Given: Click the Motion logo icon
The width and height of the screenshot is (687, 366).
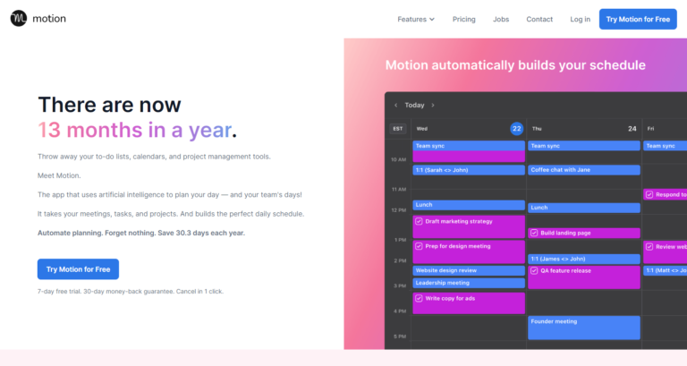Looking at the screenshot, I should point(19,19).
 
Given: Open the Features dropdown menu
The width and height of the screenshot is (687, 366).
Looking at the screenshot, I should point(416,19).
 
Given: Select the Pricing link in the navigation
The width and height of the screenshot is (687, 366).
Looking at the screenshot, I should point(463,19).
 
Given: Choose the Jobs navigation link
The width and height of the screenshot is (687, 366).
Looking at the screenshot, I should point(501,19).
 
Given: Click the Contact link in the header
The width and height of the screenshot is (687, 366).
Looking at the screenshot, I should point(539,19).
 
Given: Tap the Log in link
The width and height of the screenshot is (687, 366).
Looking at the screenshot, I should point(580,19).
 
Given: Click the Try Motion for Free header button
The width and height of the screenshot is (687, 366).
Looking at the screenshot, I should point(638,19).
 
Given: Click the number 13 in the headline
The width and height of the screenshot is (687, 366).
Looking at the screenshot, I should point(49,130).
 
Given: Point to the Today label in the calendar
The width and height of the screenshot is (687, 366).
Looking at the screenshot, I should point(414,105).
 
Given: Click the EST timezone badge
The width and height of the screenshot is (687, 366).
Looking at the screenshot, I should point(398,129).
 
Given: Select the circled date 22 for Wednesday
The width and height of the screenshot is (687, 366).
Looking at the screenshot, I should point(516,129).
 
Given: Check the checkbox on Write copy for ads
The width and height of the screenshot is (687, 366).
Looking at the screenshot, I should point(419,298).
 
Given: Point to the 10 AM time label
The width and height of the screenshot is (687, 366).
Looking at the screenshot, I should point(399,159).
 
